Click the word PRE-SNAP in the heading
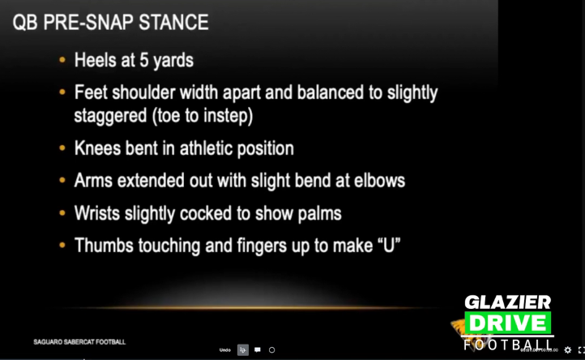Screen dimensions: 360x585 (79, 23)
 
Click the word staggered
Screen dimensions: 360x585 (110, 115)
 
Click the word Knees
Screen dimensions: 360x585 (97, 148)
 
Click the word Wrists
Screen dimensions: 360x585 (97, 213)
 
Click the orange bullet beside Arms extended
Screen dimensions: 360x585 (63, 181)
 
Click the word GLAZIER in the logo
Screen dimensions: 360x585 (507, 303)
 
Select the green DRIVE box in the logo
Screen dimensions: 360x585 (507, 323)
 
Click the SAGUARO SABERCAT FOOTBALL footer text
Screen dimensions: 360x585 (79, 342)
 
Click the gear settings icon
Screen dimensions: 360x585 (567, 350)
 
